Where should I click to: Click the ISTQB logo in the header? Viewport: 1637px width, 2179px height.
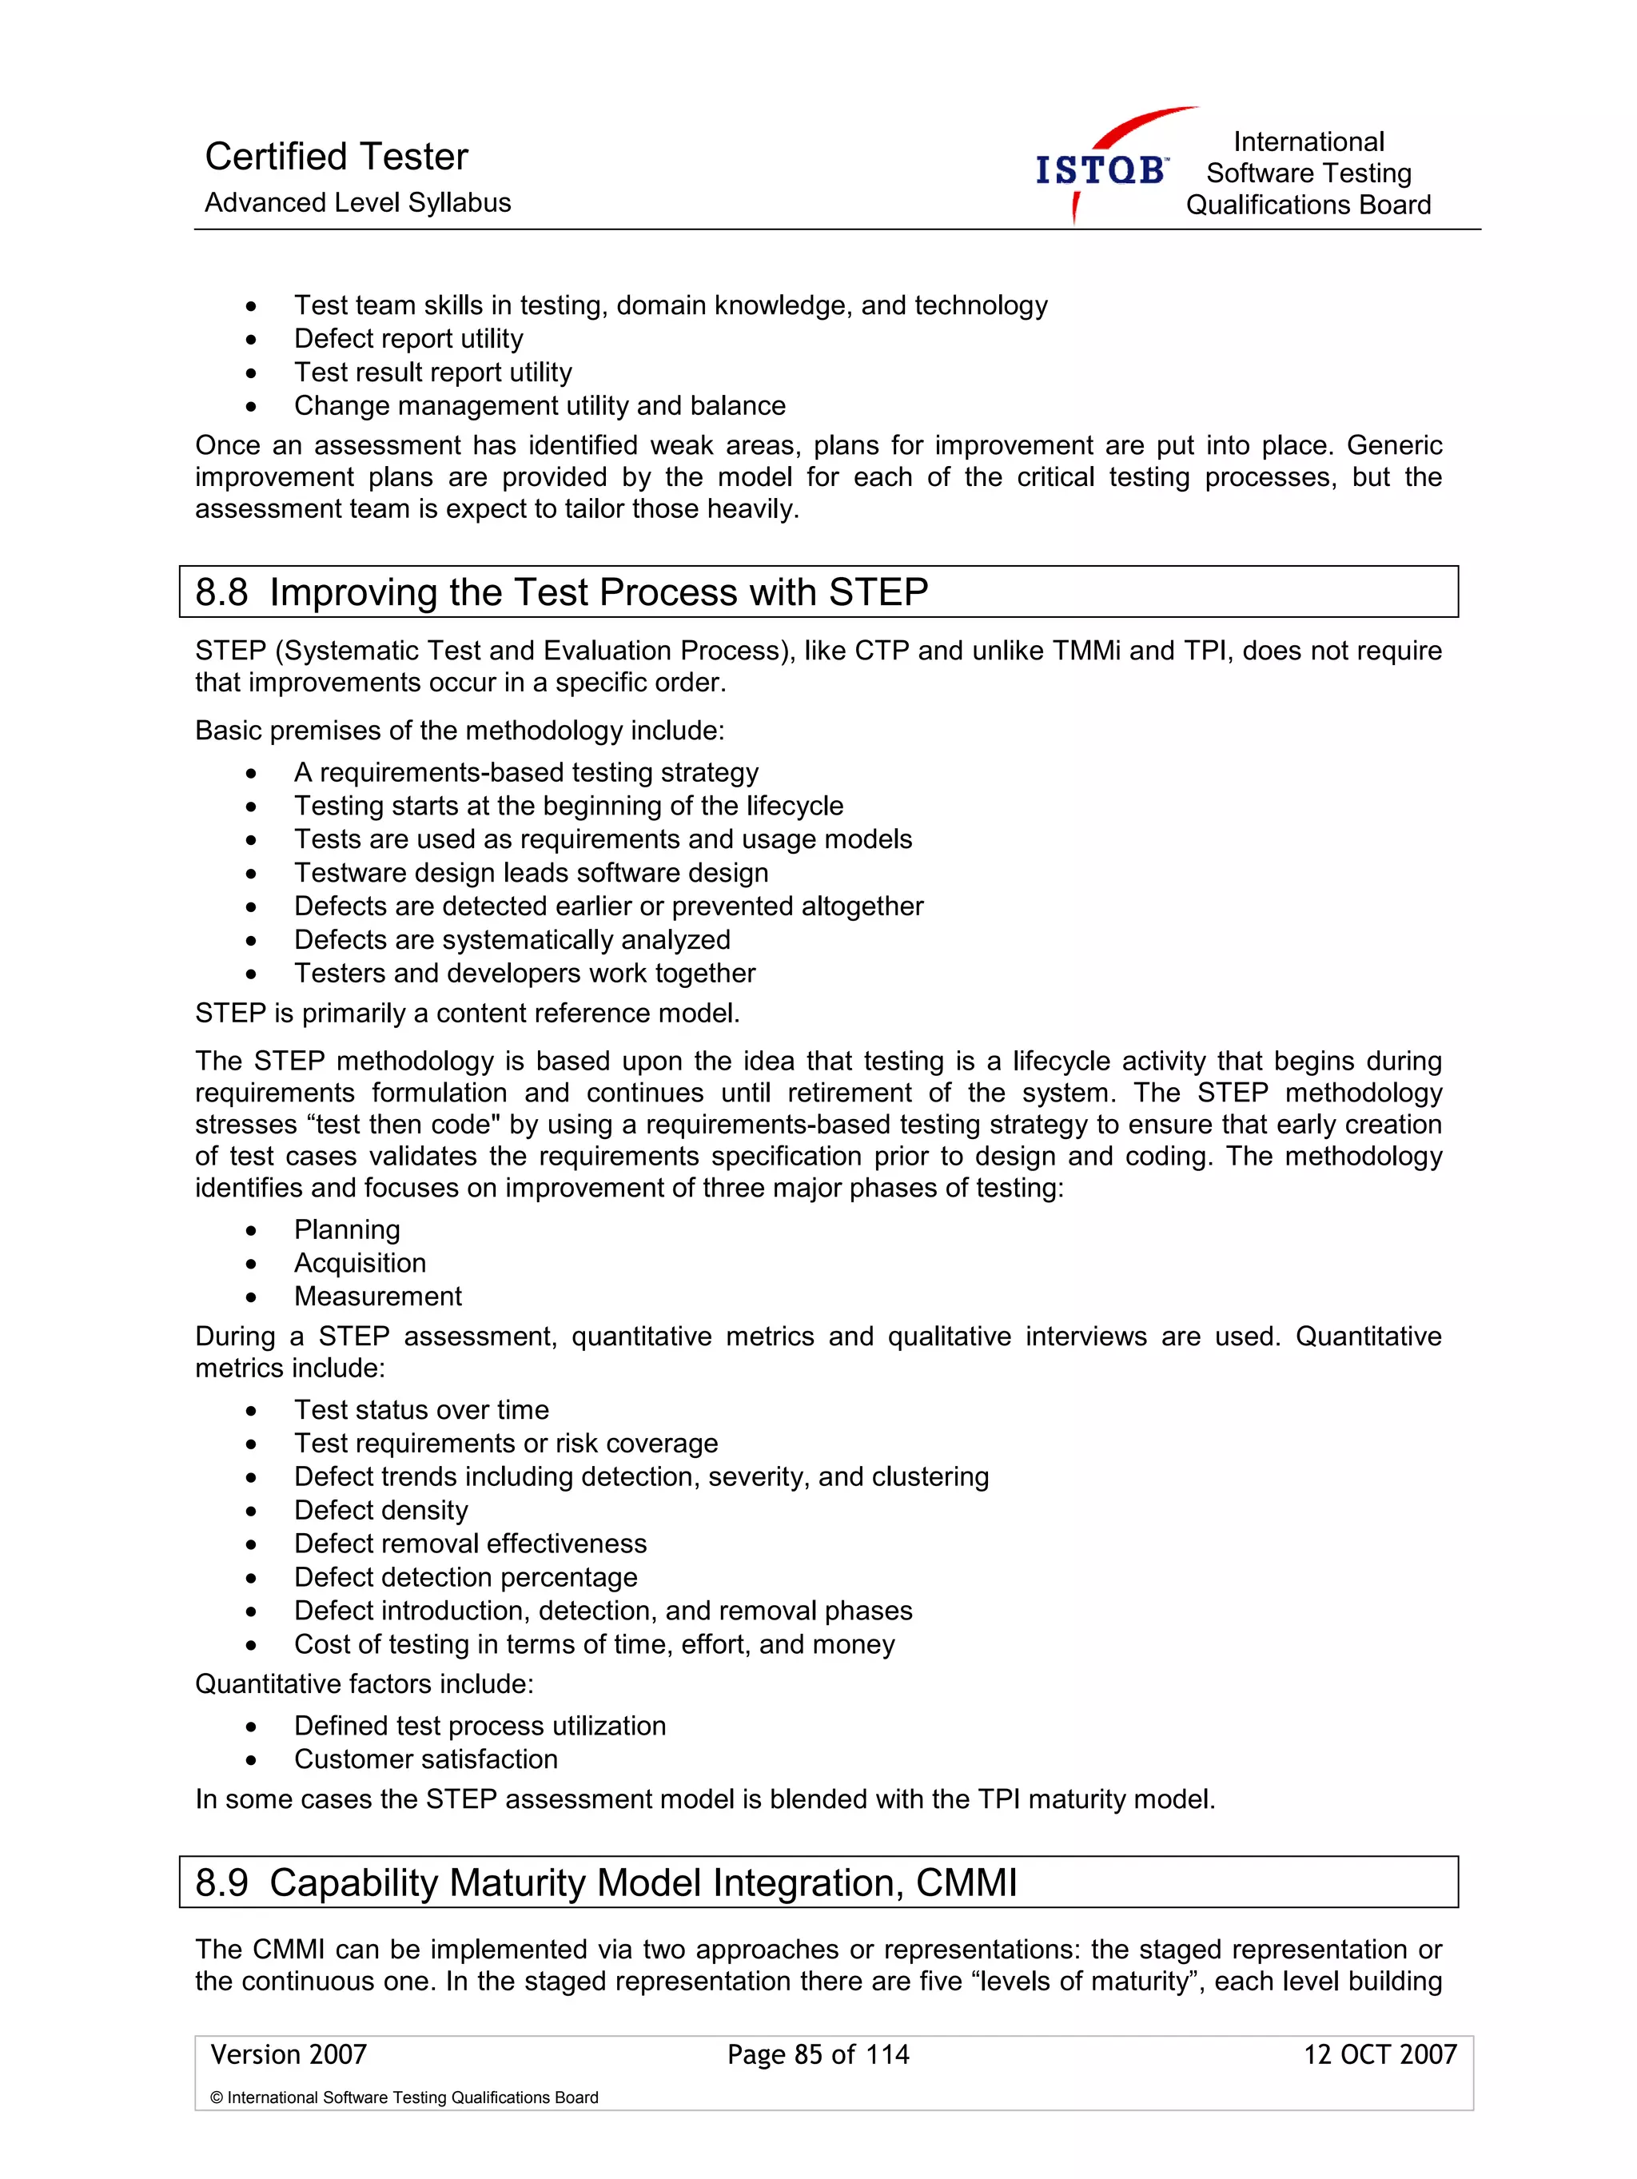[1101, 169]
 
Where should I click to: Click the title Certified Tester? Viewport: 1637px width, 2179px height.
[336, 157]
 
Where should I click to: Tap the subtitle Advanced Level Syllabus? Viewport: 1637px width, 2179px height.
[357, 203]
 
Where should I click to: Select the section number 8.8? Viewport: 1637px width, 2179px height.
[221, 593]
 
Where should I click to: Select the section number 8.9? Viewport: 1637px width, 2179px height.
[221, 1882]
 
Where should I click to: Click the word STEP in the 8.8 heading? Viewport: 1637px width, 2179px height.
[878, 593]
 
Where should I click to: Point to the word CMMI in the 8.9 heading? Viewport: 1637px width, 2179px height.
[966, 1882]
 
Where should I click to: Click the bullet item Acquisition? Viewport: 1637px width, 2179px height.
[360, 1263]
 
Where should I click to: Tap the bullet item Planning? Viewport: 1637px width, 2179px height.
[347, 1229]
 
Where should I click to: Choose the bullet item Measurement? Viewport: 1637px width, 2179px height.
[377, 1297]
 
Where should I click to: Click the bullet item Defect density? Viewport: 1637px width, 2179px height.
[380, 1510]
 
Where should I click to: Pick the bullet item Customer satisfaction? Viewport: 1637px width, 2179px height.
[425, 1759]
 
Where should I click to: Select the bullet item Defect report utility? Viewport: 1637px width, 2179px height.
[408, 339]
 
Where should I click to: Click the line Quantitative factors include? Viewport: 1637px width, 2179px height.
[364, 1684]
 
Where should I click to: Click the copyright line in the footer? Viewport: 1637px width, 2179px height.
[404, 2097]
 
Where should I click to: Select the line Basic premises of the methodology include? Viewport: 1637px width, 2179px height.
[459, 731]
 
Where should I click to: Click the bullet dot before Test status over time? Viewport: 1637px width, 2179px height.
[252, 1411]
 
